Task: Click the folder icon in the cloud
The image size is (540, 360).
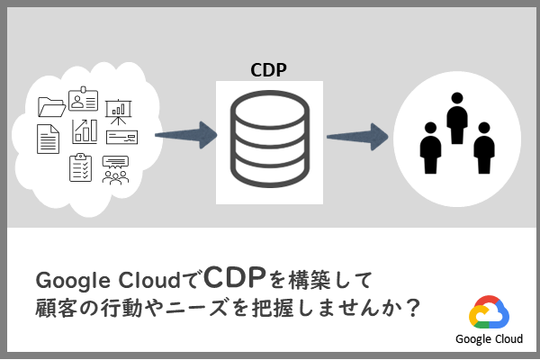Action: point(52,106)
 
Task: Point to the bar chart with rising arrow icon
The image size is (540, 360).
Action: point(85,130)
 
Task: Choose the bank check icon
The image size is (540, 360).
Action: point(121,137)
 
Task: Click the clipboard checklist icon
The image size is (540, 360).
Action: point(81,166)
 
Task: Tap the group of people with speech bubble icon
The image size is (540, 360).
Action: point(115,169)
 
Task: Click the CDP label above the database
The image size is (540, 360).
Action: point(268,69)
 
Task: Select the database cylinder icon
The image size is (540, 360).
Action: point(268,139)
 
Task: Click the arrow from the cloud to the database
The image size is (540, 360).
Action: point(186,137)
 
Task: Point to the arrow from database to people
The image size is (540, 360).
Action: point(357,137)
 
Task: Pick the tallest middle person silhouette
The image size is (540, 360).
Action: point(456,118)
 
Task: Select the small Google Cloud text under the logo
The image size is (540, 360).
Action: point(489,339)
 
